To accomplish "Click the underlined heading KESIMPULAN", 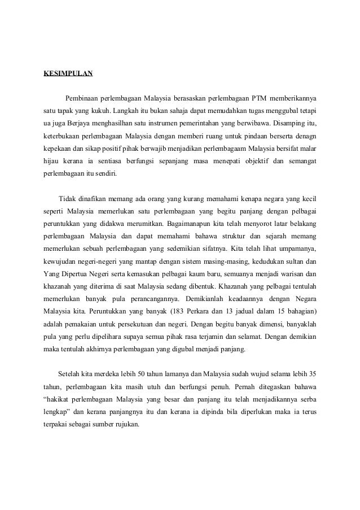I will click(x=68, y=73).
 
